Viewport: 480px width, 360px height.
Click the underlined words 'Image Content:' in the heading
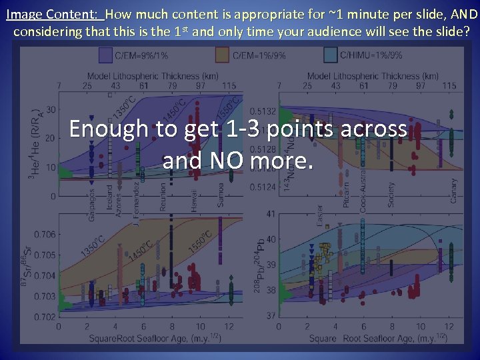click(x=52, y=13)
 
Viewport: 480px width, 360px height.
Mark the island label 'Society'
click(x=391, y=194)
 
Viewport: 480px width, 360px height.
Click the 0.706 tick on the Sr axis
click(x=45, y=234)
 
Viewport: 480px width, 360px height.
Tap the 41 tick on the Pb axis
click(x=270, y=214)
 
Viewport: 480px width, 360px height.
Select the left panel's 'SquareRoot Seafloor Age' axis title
click(x=156, y=339)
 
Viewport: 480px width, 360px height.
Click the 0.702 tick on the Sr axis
click(x=45, y=316)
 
